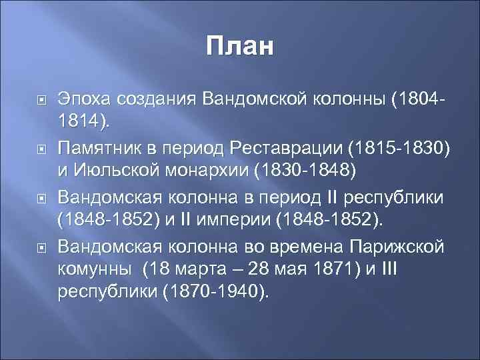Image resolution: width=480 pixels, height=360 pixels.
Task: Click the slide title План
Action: [239, 47]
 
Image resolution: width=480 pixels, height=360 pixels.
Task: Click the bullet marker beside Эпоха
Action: [41, 99]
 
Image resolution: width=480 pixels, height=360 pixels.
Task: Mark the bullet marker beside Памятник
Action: [41, 146]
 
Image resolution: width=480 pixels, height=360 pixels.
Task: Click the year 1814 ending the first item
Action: [84, 123]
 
